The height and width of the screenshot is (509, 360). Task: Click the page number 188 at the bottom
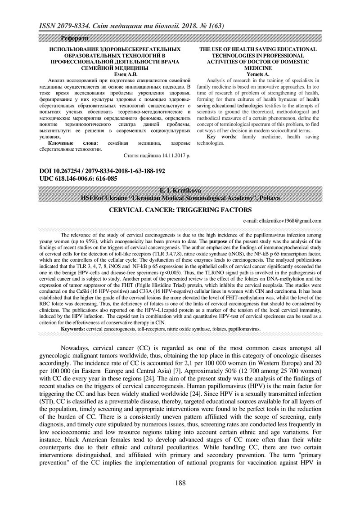[180, 483]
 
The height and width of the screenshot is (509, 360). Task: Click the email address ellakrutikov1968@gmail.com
[282, 221]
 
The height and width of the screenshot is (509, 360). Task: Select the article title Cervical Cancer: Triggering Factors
[180, 210]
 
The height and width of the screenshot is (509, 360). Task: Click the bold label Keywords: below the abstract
[73, 329]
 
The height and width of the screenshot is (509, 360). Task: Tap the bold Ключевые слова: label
[72, 143]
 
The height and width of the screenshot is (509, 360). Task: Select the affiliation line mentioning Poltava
[180, 198]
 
